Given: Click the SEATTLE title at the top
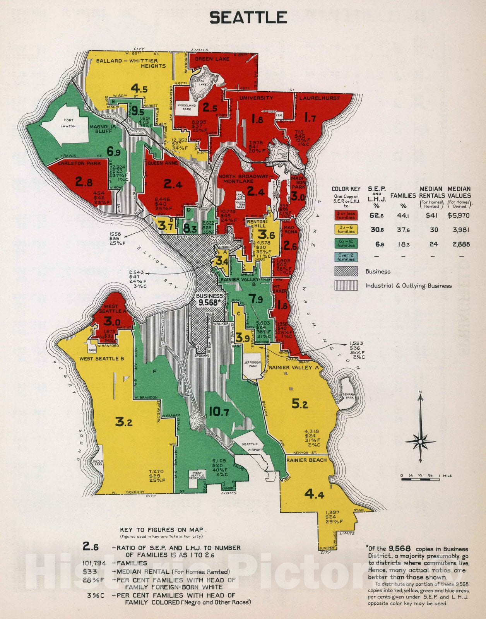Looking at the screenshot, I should pyautogui.click(x=248, y=18).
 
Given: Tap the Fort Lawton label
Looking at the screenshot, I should pyautogui.click(x=68, y=123).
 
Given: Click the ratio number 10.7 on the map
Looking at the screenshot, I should pyautogui.click(x=219, y=412).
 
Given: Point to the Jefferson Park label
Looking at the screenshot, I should pyautogui.click(x=253, y=364).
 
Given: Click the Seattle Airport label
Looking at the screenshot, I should pyautogui.click(x=252, y=447).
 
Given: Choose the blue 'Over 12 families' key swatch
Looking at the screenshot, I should pyautogui.click(x=346, y=257).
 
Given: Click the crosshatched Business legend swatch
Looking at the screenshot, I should pyautogui.click(x=346, y=271).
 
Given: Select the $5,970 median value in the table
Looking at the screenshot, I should pyautogui.click(x=459, y=215).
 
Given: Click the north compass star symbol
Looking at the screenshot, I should pyautogui.click(x=420, y=441).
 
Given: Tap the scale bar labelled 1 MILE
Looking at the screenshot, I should pyautogui.click(x=420, y=479).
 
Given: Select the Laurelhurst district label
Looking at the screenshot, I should pyautogui.click(x=319, y=98).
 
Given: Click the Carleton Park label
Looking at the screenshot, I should pyautogui.click(x=79, y=163).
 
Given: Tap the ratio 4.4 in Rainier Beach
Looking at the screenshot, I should pyautogui.click(x=314, y=494).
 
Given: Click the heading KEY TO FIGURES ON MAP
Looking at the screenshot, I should pyautogui.click(x=161, y=530).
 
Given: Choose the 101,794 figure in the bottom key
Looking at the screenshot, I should pyautogui.click(x=94, y=563).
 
